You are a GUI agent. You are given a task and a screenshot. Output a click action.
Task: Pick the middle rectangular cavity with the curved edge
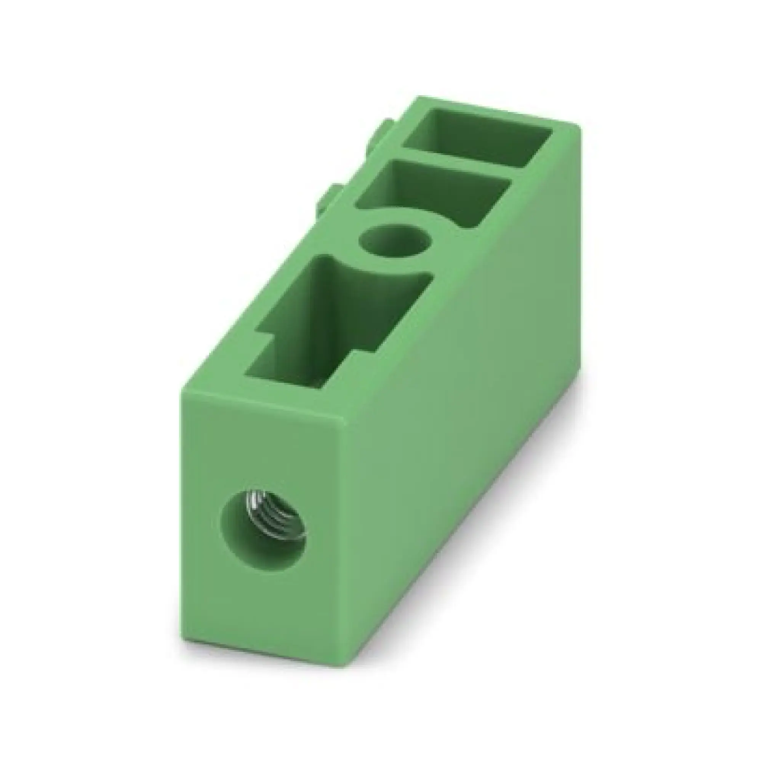434,193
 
